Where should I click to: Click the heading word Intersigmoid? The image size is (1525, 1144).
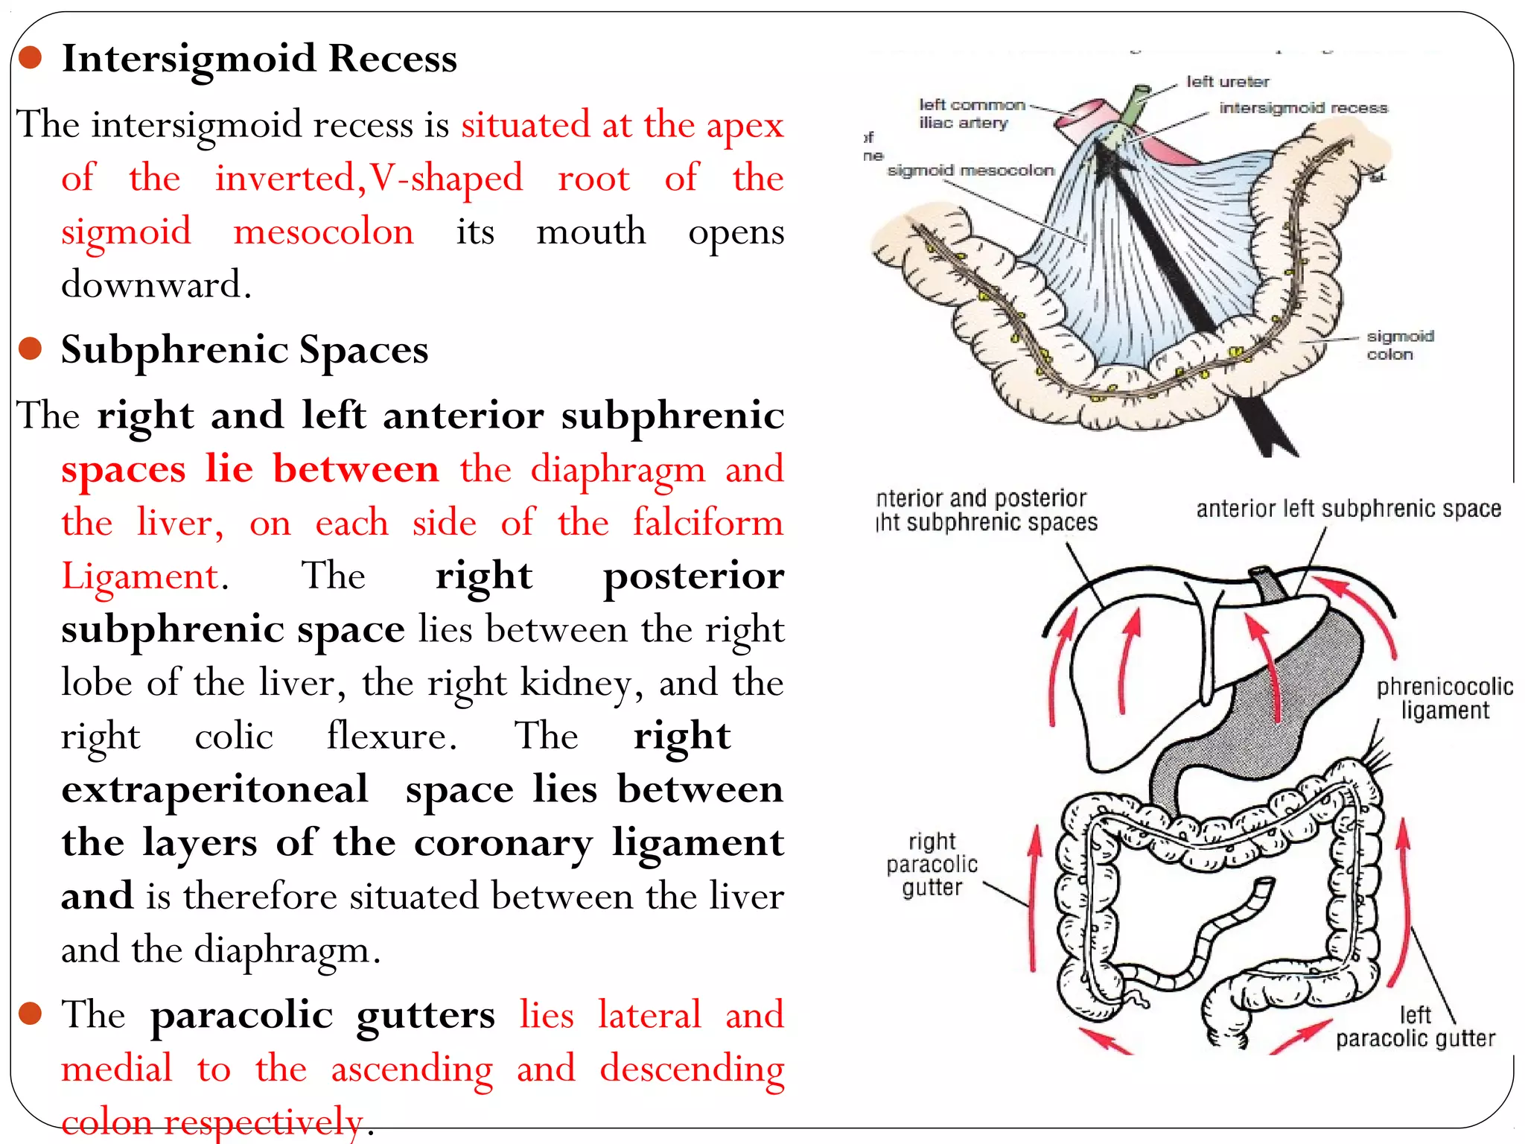pos(189,58)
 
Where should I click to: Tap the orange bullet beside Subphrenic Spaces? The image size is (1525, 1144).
pos(30,348)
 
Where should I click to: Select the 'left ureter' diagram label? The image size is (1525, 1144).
pos(1227,82)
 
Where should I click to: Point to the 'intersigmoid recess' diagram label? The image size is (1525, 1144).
pos(1303,108)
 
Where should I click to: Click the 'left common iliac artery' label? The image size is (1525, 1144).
pos(971,114)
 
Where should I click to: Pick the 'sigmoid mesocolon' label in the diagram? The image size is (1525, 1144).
pos(970,171)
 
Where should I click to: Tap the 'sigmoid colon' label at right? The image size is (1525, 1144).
pos(1399,346)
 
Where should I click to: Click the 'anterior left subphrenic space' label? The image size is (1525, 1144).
pos(1348,509)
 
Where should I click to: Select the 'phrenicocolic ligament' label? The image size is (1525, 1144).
pos(1444,698)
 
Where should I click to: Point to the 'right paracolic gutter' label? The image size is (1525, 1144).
pos(932,864)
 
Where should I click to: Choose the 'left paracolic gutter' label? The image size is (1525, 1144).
pos(1415,1026)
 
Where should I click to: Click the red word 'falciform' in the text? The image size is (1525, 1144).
pos(707,522)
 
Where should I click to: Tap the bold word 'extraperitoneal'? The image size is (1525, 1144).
pos(215,789)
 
